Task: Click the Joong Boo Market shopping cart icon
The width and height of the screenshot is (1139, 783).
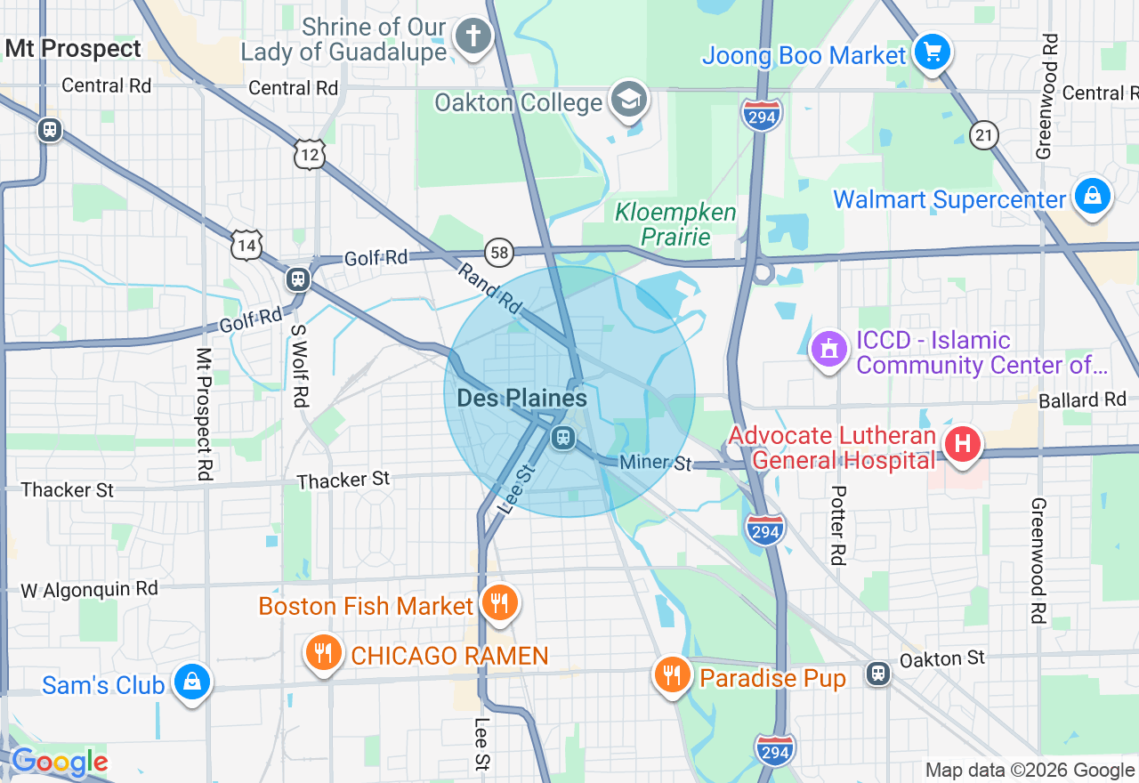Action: pyautogui.click(x=932, y=52)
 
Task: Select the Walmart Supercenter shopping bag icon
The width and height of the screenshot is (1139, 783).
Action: pyautogui.click(x=1092, y=196)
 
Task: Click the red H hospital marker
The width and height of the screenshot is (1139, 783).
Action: pyautogui.click(x=962, y=443)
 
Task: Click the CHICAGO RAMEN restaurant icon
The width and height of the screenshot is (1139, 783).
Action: pyautogui.click(x=324, y=654)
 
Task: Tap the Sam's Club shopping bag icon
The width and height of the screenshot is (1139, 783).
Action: pyautogui.click(x=191, y=682)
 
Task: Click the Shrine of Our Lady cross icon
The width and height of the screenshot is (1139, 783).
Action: pyautogui.click(x=473, y=36)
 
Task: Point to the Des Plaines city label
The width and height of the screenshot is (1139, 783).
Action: pyautogui.click(x=521, y=398)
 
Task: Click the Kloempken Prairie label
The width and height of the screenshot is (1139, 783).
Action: pyautogui.click(x=676, y=224)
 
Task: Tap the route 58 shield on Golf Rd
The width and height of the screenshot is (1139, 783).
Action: pyautogui.click(x=500, y=253)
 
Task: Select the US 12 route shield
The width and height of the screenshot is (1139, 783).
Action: pyautogui.click(x=309, y=155)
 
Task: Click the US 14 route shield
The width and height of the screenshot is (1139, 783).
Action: pyautogui.click(x=246, y=245)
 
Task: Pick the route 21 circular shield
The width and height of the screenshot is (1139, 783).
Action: pyautogui.click(x=984, y=134)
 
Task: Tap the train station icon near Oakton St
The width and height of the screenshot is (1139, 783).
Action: pyautogui.click(x=878, y=673)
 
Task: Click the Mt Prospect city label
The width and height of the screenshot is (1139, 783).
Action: pyautogui.click(x=73, y=48)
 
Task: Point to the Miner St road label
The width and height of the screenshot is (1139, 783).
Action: pyautogui.click(x=656, y=463)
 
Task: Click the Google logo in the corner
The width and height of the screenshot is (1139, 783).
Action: pyautogui.click(x=59, y=762)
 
